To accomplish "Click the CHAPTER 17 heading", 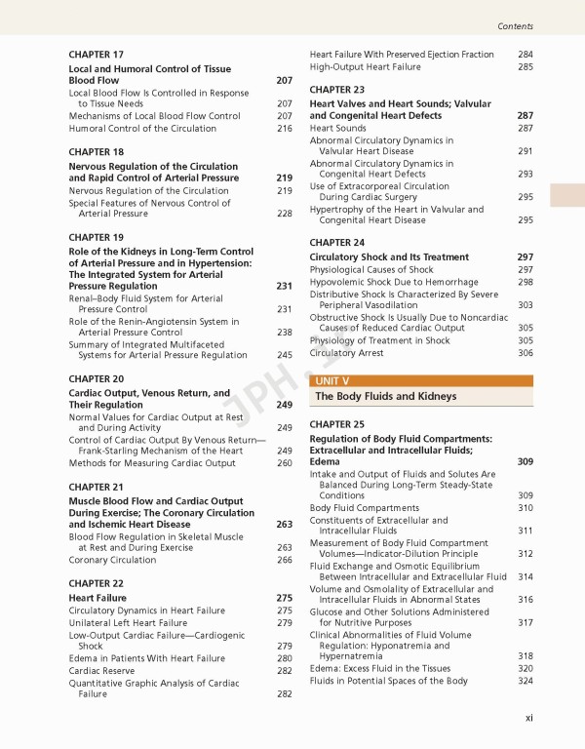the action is point(96,55).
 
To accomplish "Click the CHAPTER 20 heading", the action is point(96,378).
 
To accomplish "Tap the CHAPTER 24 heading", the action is point(337,242).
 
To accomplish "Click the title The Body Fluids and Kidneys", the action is point(371,397).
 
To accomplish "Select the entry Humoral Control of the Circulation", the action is point(142,128).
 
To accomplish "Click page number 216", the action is point(285,128).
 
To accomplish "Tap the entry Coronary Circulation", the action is point(112,560).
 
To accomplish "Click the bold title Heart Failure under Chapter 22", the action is point(97,598).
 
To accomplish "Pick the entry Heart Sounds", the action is point(338,128).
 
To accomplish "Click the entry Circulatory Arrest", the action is point(346,353).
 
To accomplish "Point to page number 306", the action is point(526,353).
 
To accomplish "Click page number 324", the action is point(526,681).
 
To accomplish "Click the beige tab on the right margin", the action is point(566,195).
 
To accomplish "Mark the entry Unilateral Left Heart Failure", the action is point(128,622).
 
